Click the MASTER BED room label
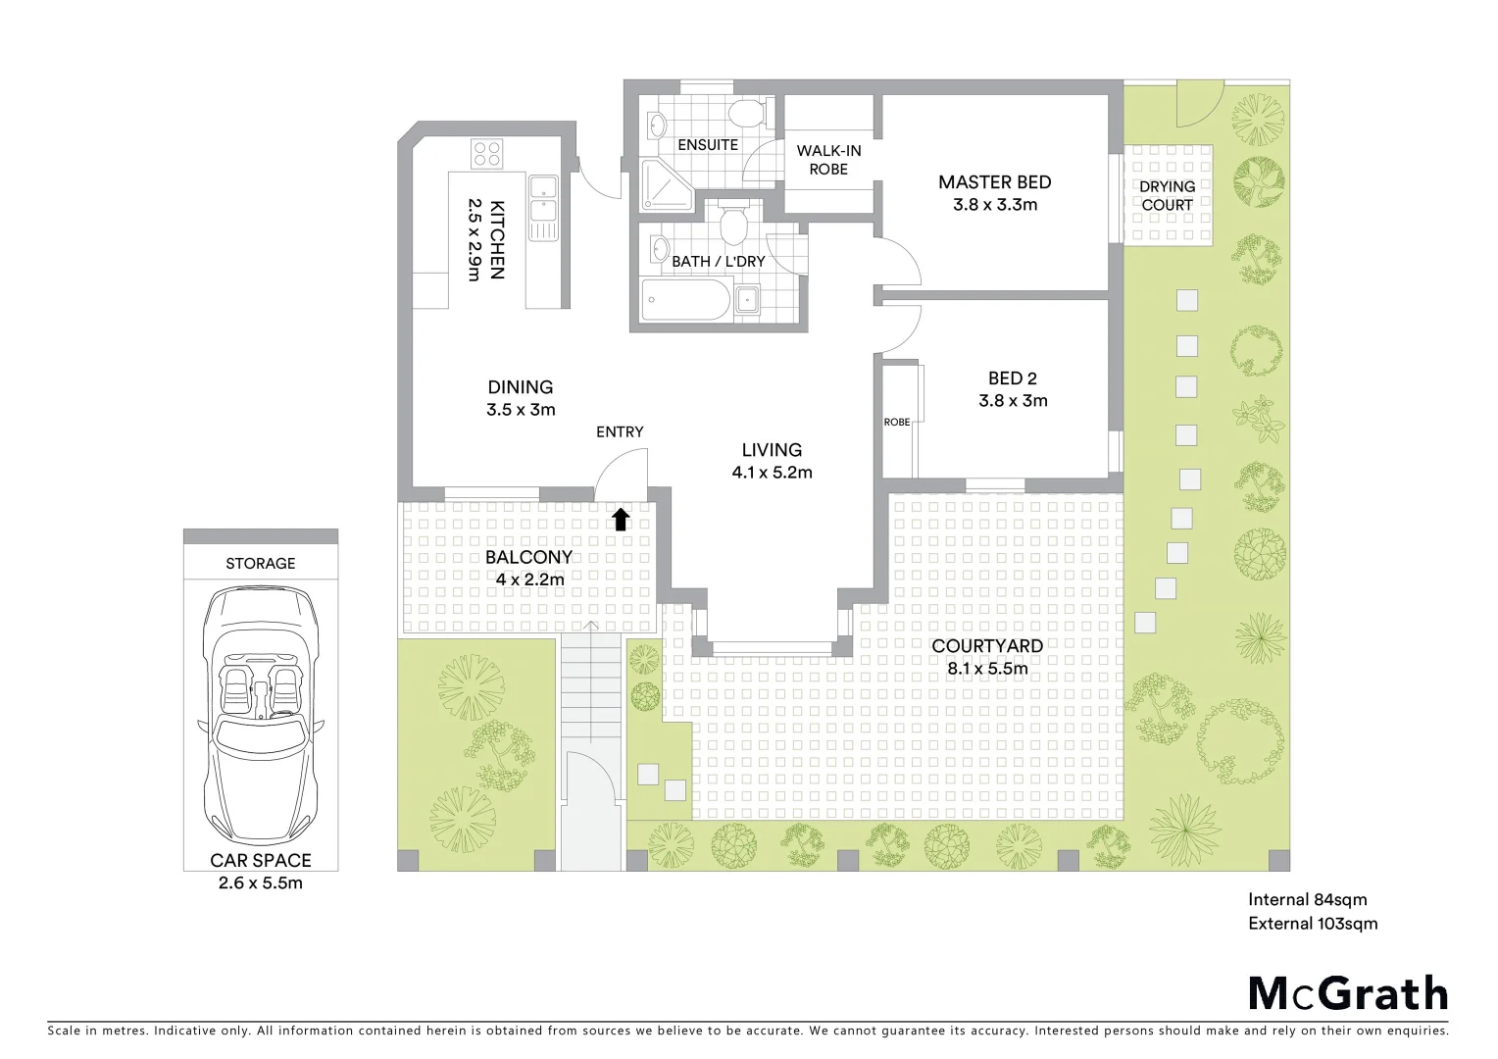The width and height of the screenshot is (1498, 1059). [994, 182]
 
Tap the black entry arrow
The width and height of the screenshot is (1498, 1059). [621, 519]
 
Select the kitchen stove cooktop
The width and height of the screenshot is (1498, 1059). [487, 154]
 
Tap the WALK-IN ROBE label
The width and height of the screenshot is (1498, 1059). [828, 160]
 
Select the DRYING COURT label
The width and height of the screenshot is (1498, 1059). [1167, 195]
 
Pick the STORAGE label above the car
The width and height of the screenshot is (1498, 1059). [260, 563]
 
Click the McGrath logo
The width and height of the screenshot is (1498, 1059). [1348, 993]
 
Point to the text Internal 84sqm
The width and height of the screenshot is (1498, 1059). [1307, 899]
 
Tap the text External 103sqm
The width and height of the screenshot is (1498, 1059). [1313, 924]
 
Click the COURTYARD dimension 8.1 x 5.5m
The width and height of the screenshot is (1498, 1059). [986, 669]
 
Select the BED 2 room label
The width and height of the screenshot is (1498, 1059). [1012, 378]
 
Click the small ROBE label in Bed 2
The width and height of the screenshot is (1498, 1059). [896, 422]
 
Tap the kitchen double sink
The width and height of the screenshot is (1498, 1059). [542, 199]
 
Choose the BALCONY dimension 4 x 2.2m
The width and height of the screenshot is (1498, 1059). [528, 579]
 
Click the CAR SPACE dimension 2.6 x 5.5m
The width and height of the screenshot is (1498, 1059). [260, 882]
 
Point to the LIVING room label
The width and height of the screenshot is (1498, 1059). [772, 450]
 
